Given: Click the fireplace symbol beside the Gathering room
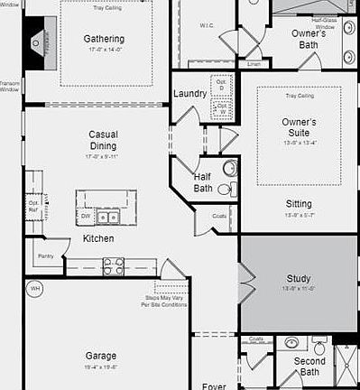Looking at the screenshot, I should point(36,41).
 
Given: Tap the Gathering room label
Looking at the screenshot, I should point(104,39).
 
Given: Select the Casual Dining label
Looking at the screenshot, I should point(103,140).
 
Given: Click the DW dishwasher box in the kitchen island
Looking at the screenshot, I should point(86,217).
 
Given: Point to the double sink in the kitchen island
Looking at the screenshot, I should point(108,217).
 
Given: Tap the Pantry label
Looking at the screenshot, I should point(46,256).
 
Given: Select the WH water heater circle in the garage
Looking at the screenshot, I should point(35,289).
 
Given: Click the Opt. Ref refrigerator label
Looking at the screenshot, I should point(34,204).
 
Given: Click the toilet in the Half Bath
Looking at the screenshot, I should point(226,189).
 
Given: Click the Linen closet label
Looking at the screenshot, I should point(254,64).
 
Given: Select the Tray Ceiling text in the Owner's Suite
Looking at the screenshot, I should point(299,95).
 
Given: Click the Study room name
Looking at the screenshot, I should point(299,279).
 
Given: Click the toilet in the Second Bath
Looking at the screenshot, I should point(318,346).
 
